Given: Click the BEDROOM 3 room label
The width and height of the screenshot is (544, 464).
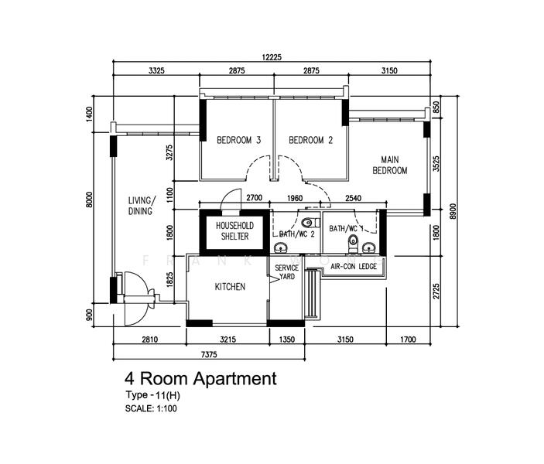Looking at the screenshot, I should pos(238,140).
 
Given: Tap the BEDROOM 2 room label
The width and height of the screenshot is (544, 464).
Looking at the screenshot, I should pos(310,140).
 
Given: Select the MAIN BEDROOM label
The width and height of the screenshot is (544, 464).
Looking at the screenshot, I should pos(389,165).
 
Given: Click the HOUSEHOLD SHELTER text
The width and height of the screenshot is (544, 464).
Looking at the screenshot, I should pos(231,230).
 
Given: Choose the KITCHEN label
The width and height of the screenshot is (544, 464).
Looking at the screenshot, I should pos(230,286).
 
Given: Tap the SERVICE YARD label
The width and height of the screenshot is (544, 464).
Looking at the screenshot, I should pos(287,272).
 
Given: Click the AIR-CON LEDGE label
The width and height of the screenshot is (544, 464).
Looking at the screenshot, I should pos(353,266).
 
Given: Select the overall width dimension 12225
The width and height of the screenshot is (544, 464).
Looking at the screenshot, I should pos(271,56).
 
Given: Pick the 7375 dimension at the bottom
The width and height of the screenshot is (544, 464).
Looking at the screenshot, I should pos(207,353).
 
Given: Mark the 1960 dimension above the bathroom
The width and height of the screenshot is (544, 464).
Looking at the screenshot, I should pos(295,199).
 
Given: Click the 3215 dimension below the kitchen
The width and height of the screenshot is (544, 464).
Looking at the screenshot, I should pos(228,338).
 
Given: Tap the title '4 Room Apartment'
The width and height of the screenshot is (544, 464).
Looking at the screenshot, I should pos(200,379).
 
